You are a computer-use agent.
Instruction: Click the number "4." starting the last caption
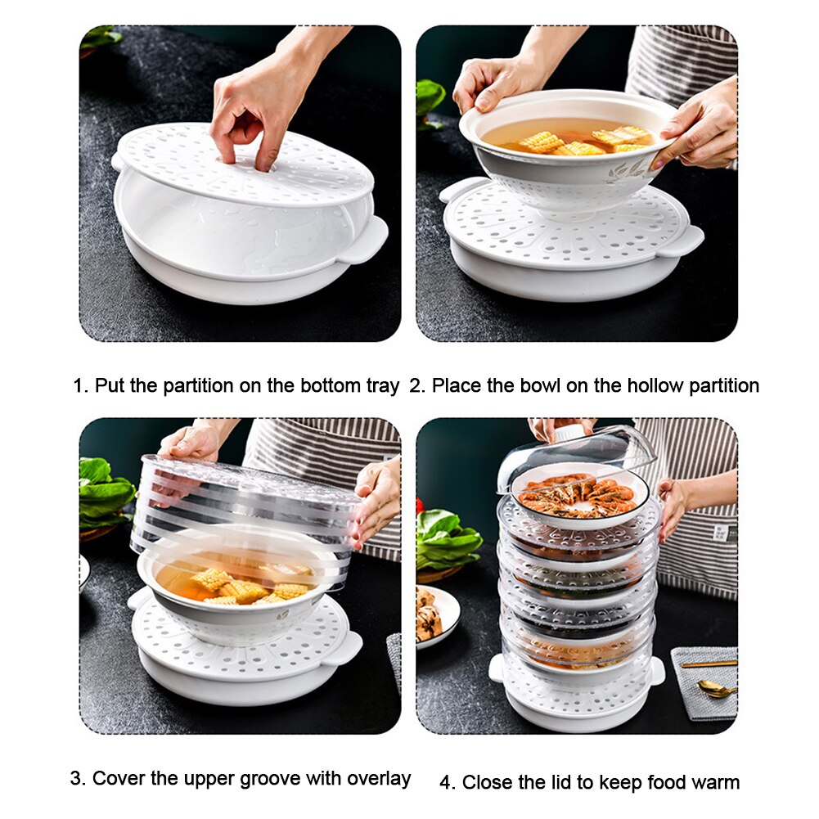[x=447, y=783]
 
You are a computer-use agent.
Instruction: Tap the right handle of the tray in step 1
[x=366, y=237]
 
